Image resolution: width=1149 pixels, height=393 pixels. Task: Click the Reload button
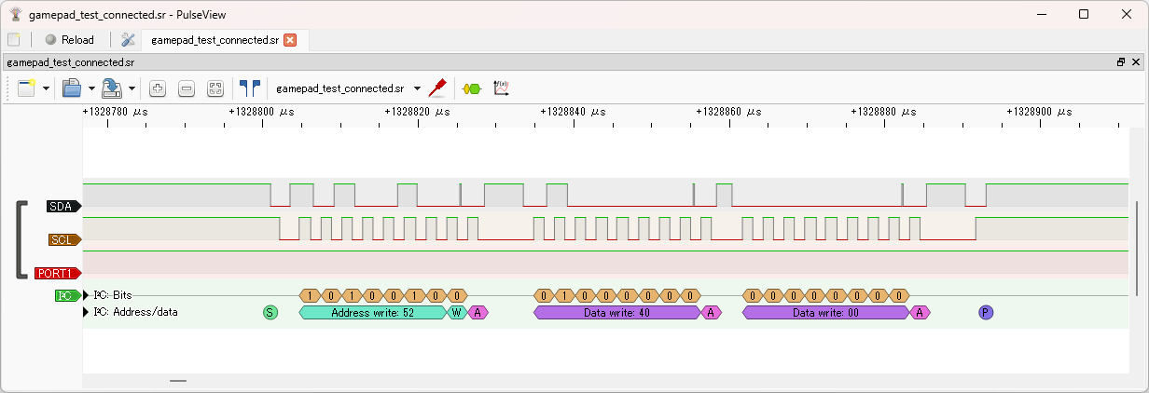pyautogui.click(x=69, y=40)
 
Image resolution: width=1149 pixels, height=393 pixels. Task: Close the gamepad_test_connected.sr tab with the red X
pyautogui.click(x=290, y=40)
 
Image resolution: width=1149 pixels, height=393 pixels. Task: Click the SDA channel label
pyautogui.click(x=63, y=207)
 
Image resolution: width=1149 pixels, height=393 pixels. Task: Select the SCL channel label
pyautogui.click(x=64, y=239)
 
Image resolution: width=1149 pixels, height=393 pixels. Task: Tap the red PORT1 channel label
pyautogui.click(x=58, y=273)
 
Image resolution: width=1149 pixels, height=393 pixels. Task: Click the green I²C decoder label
pyautogui.click(x=68, y=295)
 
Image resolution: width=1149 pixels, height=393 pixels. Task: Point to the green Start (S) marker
pyautogui.click(x=270, y=313)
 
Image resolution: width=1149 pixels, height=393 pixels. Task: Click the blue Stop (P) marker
pyautogui.click(x=986, y=313)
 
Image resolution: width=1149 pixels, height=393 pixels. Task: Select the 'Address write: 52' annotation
pyautogui.click(x=372, y=313)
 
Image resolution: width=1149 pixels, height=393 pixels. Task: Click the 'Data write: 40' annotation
pyautogui.click(x=617, y=313)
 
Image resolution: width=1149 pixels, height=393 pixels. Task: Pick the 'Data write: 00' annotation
pyautogui.click(x=826, y=313)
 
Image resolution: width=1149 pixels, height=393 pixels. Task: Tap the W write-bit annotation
pyautogui.click(x=457, y=313)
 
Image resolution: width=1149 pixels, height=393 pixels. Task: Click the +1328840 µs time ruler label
pyautogui.click(x=573, y=112)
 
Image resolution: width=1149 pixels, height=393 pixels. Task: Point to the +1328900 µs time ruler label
pyautogui.click(x=1039, y=112)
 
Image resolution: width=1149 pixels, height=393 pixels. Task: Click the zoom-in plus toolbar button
pyautogui.click(x=158, y=88)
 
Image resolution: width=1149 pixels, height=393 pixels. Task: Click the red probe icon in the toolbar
pyautogui.click(x=437, y=88)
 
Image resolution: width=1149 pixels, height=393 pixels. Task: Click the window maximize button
pyautogui.click(x=1084, y=14)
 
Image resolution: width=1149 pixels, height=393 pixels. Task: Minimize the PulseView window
pyautogui.click(x=1041, y=14)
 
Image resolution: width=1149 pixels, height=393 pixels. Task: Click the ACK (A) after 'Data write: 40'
pyautogui.click(x=711, y=313)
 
